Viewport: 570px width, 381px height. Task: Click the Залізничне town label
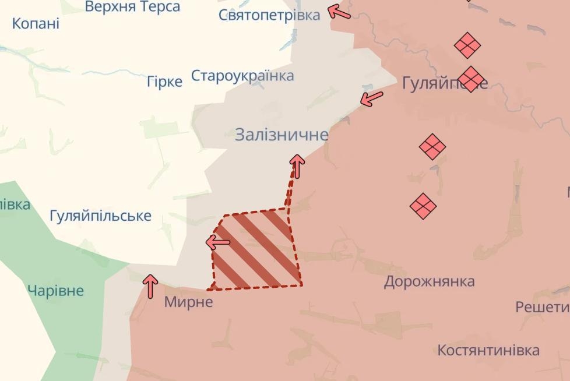pyautogui.click(x=282, y=135)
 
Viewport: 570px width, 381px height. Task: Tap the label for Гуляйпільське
pyautogui.click(x=100, y=216)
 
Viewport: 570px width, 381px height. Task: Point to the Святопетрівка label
pyautogui.click(x=269, y=15)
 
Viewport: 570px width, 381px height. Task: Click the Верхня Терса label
pyautogui.click(x=132, y=7)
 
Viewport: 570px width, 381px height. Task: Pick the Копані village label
pyautogui.click(x=36, y=24)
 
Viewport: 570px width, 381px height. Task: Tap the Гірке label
pyautogui.click(x=164, y=82)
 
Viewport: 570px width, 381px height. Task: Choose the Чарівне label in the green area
pyautogui.click(x=56, y=291)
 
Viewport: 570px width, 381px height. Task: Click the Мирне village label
pyautogui.click(x=188, y=302)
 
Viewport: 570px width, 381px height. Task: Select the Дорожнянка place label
pyautogui.click(x=429, y=282)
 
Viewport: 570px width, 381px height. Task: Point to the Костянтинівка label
pyautogui.click(x=488, y=351)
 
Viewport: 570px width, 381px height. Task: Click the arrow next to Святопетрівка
pyautogui.click(x=340, y=12)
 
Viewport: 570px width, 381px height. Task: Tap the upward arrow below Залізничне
pyautogui.click(x=297, y=166)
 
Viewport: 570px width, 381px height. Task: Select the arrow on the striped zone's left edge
pyautogui.click(x=218, y=242)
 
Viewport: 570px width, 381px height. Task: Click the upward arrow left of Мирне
pyautogui.click(x=150, y=286)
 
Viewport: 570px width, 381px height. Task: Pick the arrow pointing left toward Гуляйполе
pyautogui.click(x=372, y=98)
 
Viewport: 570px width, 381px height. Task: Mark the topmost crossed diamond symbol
pyautogui.click(x=467, y=45)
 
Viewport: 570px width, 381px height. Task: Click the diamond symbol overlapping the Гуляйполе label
pyautogui.click(x=471, y=79)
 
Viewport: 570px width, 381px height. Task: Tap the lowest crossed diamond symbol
pyautogui.click(x=423, y=206)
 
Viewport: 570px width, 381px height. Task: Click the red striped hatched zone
pyautogui.click(x=256, y=251)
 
